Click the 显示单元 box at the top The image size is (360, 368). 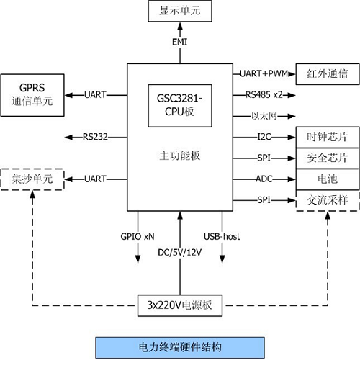click(x=180, y=11)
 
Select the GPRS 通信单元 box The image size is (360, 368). click(x=32, y=94)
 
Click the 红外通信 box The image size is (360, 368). click(x=327, y=73)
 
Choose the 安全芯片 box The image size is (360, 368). click(x=327, y=157)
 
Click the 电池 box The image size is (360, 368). click(x=327, y=178)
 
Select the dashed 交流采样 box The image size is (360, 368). click(x=327, y=200)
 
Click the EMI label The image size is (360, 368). click(x=180, y=42)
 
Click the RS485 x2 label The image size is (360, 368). click(x=264, y=94)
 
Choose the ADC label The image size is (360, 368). click(x=264, y=178)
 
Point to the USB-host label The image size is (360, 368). click(x=222, y=235)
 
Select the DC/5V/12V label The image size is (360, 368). click(x=180, y=252)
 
